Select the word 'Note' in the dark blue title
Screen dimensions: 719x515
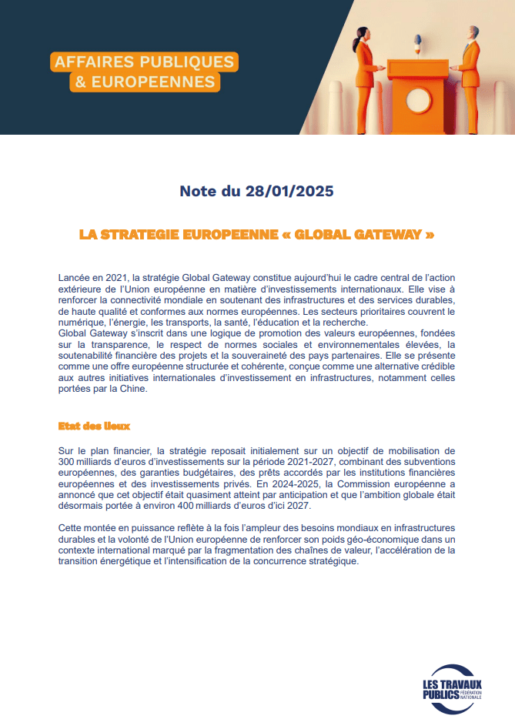199,191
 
